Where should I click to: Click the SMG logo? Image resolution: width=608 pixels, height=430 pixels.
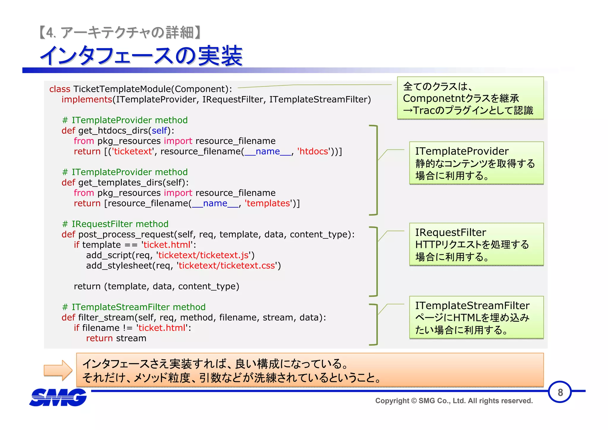(58, 397)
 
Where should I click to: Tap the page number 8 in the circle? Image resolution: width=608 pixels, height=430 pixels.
(560, 393)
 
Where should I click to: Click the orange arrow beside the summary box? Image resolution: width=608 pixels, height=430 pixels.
(58, 370)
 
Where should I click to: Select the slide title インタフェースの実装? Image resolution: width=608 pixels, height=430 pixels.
(141, 56)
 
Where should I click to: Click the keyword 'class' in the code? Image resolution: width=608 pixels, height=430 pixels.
(60, 89)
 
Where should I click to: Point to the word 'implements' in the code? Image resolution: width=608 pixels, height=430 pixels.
(87, 99)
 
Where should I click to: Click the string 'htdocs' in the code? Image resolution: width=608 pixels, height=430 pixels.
(314, 151)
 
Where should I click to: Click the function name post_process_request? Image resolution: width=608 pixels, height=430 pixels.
(126, 235)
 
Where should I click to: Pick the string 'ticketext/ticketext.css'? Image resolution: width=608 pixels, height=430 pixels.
(227, 266)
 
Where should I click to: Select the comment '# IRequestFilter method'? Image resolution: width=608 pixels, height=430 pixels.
(115, 224)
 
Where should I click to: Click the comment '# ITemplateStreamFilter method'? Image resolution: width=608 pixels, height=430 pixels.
(134, 307)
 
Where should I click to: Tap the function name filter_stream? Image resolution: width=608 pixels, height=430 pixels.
(106, 317)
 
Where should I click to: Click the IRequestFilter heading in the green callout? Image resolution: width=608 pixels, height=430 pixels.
(450, 232)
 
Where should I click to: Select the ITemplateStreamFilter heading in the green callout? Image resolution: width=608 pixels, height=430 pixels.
(472, 306)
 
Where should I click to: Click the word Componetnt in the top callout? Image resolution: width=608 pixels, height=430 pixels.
(433, 98)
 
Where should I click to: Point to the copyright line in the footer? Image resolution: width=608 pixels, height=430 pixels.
(454, 401)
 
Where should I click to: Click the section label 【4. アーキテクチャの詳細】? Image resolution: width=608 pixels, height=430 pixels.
(121, 32)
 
